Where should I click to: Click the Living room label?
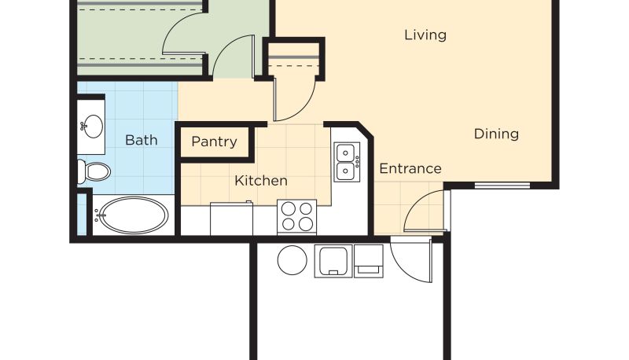(425, 35)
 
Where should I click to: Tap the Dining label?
(496, 134)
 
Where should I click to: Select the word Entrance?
(410, 169)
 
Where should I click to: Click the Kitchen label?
(261, 181)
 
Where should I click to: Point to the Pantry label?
(214, 141)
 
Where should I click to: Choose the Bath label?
(142, 140)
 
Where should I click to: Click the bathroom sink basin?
(93, 127)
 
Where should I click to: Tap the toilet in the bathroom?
(94, 171)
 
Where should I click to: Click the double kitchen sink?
(347, 162)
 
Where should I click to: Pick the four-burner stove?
(297, 217)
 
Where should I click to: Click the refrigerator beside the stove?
(231, 219)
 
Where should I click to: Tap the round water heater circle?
(292, 259)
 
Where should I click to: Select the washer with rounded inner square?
(333, 261)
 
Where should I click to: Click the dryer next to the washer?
(368, 261)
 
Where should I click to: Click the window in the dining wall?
(502, 186)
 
